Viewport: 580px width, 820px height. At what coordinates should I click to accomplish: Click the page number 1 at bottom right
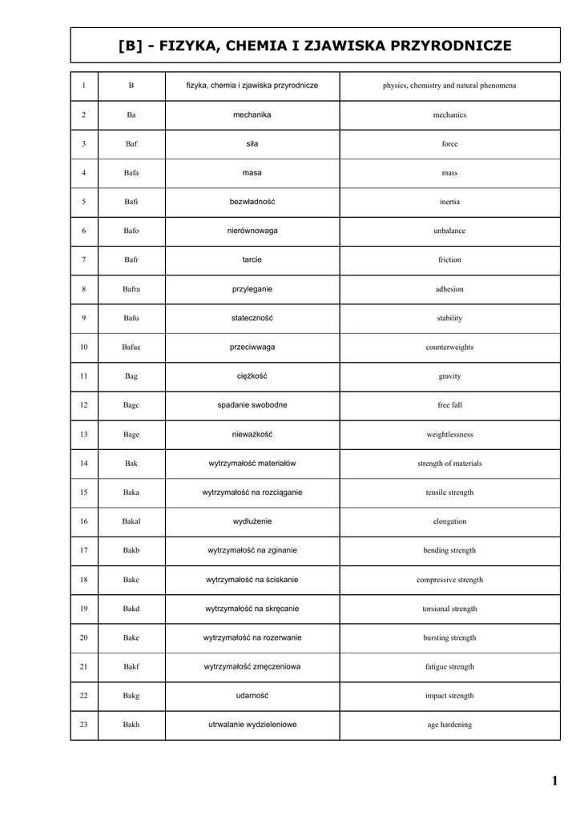(554, 781)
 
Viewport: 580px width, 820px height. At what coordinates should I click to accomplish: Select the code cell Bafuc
(131, 348)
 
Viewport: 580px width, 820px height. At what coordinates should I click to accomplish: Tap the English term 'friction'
(449, 260)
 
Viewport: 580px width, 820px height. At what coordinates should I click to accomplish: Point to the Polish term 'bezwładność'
(252, 202)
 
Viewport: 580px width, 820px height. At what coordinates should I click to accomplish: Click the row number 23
(84, 725)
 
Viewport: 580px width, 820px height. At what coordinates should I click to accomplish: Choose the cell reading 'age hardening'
(449, 725)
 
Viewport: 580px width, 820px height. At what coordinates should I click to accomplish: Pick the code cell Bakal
(131, 521)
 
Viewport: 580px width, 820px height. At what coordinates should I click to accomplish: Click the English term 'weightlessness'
(449, 435)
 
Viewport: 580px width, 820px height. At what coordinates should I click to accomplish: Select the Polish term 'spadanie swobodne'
(252, 405)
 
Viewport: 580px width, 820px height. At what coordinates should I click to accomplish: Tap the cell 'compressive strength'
(449, 580)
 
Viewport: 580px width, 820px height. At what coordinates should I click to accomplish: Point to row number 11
(84, 376)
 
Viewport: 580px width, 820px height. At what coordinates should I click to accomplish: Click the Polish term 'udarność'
(252, 696)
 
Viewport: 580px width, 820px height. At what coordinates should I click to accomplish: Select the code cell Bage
(131, 435)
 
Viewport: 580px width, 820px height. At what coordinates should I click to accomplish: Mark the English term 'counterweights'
(449, 348)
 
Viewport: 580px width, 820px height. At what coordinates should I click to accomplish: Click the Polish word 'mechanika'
(252, 115)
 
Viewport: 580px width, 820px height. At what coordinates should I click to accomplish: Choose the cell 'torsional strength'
(449, 609)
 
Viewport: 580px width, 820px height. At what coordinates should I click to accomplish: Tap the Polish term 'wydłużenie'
(252, 521)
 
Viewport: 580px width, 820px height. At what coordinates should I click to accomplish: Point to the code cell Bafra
(131, 289)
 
